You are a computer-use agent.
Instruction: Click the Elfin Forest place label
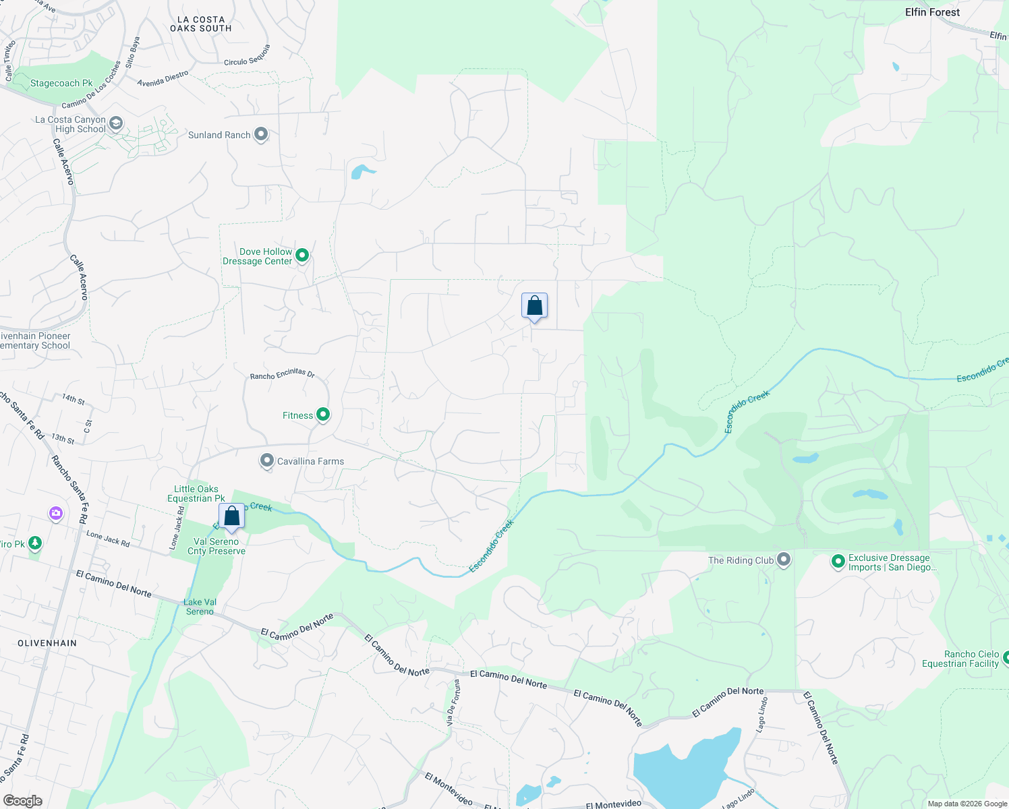pyautogui.click(x=932, y=12)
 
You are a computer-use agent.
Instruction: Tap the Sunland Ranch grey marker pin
pyautogui.click(x=261, y=135)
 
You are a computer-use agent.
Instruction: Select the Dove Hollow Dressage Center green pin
pyautogui.click(x=302, y=255)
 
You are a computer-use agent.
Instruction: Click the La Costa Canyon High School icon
pyautogui.click(x=116, y=123)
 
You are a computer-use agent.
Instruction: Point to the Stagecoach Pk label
pyautogui.click(x=61, y=84)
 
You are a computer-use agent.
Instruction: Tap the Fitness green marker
pyautogui.click(x=323, y=415)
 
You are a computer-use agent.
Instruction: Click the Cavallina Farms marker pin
pyautogui.click(x=267, y=461)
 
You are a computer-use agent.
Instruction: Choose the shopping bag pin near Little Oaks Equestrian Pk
pyautogui.click(x=231, y=516)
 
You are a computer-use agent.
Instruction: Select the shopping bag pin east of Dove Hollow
pyautogui.click(x=534, y=306)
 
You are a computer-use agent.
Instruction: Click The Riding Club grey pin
pyautogui.click(x=784, y=560)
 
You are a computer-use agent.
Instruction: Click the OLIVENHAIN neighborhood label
pyautogui.click(x=47, y=643)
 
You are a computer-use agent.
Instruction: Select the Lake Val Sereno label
pyautogui.click(x=200, y=607)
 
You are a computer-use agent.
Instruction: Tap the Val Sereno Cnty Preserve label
pyautogui.click(x=217, y=546)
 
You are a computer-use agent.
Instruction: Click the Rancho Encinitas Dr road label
pyautogui.click(x=283, y=374)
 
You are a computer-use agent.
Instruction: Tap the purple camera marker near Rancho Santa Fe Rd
pyautogui.click(x=56, y=514)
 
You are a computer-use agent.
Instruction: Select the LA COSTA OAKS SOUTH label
pyautogui.click(x=201, y=24)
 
